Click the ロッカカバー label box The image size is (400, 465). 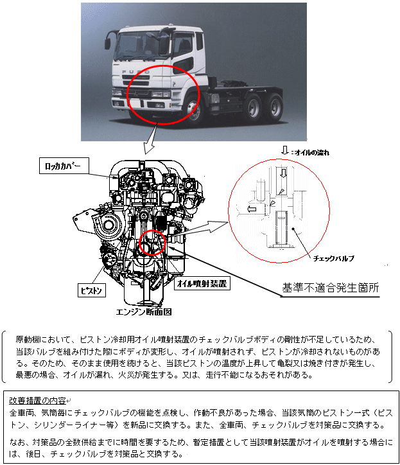(x=64, y=166)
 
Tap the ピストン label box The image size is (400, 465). (x=91, y=290)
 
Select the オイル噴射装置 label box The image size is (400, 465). (x=202, y=283)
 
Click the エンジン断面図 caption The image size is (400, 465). (x=144, y=311)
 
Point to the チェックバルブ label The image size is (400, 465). (x=334, y=258)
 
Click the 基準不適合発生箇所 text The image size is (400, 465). (x=330, y=288)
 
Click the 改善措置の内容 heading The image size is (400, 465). (x=37, y=400)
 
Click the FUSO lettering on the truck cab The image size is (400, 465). (x=136, y=72)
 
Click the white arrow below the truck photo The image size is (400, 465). (x=152, y=139)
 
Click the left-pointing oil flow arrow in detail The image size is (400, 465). (x=252, y=209)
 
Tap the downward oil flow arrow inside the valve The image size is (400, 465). (x=284, y=173)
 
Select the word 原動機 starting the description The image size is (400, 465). (x=27, y=339)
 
